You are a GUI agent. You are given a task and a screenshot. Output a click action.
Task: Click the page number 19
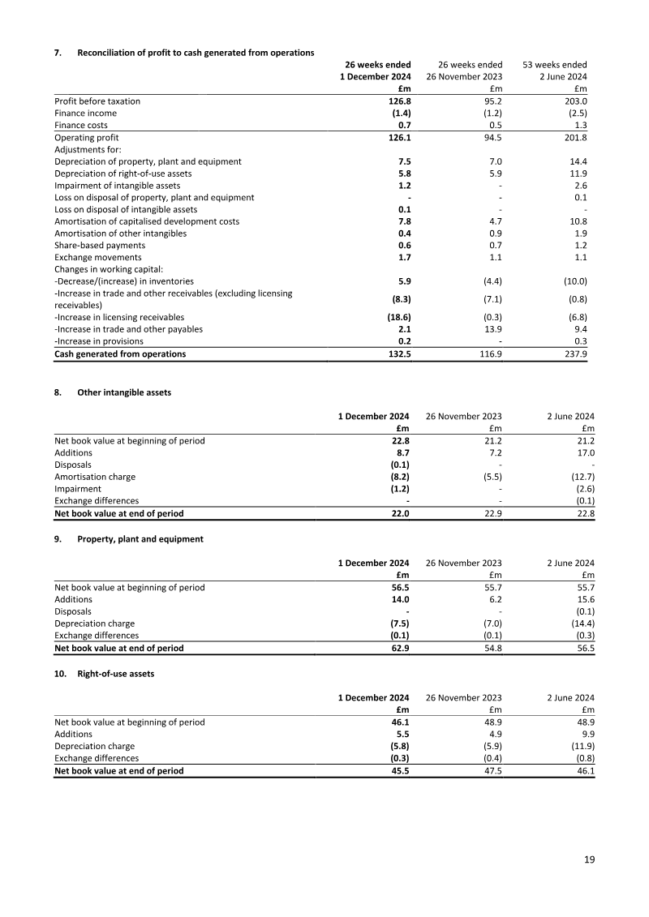(x=589, y=860)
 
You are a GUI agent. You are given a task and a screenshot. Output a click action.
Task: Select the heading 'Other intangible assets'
(x=124, y=392)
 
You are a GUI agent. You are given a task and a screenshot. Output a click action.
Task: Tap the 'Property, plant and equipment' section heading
(x=140, y=539)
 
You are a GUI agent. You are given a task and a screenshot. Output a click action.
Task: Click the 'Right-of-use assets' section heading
(x=115, y=674)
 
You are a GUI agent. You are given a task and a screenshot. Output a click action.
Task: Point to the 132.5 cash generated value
(x=397, y=354)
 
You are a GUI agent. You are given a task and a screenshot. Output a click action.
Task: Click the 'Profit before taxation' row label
(x=97, y=101)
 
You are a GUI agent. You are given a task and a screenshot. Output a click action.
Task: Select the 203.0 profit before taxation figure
(x=574, y=101)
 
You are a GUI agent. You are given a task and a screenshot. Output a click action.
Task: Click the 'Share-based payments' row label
(x=100, y=246)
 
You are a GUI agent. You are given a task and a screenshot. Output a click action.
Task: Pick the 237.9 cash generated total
(x=574, y=354)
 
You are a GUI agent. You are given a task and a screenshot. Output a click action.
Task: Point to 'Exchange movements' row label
(x=97, y=258)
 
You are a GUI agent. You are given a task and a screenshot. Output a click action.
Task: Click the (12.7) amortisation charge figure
(x=579, y=478)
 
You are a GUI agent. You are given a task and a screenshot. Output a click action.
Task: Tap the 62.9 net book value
(x=398, y=648)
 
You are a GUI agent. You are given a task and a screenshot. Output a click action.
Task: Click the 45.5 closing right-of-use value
(x=398, y=770)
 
